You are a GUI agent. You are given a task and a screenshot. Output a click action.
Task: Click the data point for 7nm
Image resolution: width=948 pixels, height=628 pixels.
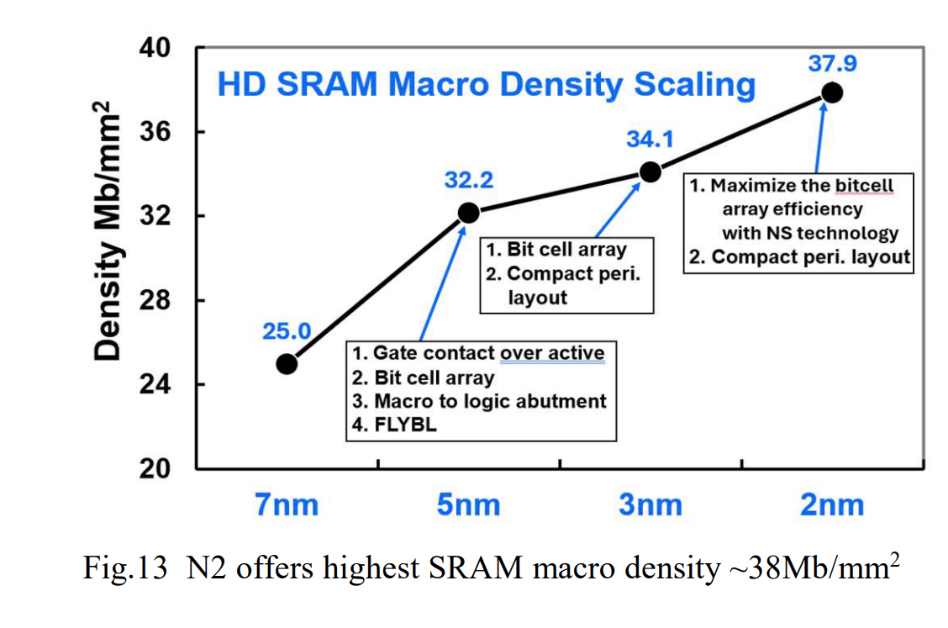(287, 364)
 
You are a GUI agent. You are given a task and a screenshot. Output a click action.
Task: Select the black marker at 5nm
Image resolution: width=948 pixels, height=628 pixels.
(468, 213)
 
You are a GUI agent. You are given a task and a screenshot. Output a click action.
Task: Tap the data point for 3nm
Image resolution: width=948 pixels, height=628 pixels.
(650, 172)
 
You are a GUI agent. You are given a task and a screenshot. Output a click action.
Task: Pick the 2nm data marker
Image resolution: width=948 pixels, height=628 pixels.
(832, 92)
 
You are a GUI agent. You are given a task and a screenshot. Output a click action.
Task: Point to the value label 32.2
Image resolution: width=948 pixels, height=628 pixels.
(468, 180)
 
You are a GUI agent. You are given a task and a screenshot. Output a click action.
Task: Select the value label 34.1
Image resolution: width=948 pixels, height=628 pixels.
(650, 140)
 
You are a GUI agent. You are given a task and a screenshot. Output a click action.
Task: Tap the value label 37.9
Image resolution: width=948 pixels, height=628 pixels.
(832, 62)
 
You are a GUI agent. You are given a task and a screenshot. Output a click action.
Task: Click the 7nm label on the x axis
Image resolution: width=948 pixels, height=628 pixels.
(287, 504)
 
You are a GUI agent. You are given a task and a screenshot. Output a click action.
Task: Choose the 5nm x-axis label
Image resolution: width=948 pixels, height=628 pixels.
(468, 504)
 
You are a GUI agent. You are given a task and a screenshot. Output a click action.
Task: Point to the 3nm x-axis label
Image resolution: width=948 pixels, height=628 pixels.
(650, 504)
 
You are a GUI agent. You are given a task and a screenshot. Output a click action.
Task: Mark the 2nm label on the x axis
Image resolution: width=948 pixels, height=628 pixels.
(832, 504)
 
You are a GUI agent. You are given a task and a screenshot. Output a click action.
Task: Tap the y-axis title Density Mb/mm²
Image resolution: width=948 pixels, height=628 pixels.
(110, 231)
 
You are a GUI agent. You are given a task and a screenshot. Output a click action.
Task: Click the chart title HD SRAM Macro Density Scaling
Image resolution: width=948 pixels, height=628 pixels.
(486, 85)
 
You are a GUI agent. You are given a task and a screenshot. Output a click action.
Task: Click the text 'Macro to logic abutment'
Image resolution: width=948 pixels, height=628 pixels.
(491, 401)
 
